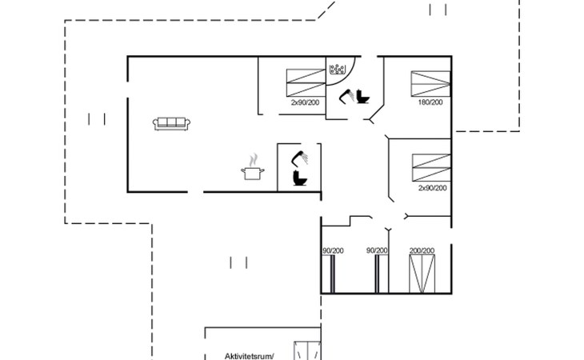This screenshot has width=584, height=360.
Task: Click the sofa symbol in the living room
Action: pyautogui.click(x=171, y=123)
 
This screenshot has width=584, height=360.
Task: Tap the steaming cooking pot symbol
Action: pyautogui.click(x=253, y=167)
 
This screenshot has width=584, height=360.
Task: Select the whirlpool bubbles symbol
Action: pyautogui.click(x=337, y=70)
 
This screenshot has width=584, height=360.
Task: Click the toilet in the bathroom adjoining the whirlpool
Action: pyautogui.click(x=362, y=97)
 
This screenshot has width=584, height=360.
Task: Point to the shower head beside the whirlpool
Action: pyautogui.click(x=346, y=96)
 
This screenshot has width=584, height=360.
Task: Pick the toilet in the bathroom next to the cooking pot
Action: pyautogui.click(x=300, y=178)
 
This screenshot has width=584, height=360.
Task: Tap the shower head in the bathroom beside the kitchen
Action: pyautogui.click(x=299, y=158)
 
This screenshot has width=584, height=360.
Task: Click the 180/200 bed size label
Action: pyautogui.click(x=430, y=102)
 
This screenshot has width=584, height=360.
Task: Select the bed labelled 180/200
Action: pyautogui.click(x=430, y=84)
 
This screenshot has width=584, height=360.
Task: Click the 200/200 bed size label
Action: pyautogui.click(x=422, y=250)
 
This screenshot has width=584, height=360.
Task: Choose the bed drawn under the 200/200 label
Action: pyautogui.click(x=422, y=274)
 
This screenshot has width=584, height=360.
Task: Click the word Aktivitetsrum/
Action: pyautogui.click(x=249, y=356)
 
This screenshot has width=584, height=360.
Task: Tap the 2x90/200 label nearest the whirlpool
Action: pyautogui.click(x=305, y=102)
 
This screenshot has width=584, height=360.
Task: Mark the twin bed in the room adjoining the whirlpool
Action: pyautogui.click(x=306, y=83)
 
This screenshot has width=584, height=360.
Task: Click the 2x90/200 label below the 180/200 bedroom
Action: pyautogui.click(x=433, y=188)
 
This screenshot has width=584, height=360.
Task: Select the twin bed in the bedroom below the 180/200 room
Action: pyautogui.click(x=431, y=168)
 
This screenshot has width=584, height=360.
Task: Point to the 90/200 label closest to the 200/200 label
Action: pyautogui.click(x=377, y=250)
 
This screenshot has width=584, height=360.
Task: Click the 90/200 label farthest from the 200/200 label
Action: pyautogui.click(x=333, y=250)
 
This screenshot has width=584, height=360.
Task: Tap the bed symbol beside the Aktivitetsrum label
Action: pyautogui.click(x=307, y=350)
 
